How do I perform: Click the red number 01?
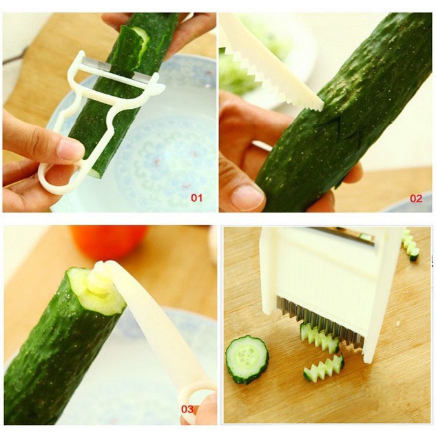point(196,198)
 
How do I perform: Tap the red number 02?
point(416,198)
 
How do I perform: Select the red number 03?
point(187,409)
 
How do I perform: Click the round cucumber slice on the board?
point(247,360)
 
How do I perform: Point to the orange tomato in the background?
point(108,241)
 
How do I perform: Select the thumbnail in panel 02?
point(247,198)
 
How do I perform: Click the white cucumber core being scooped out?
point(100,278)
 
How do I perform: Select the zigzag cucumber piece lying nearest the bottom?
point(324,368)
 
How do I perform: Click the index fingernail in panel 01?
point(70,149)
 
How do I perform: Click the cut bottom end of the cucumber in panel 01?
point(96,174)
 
